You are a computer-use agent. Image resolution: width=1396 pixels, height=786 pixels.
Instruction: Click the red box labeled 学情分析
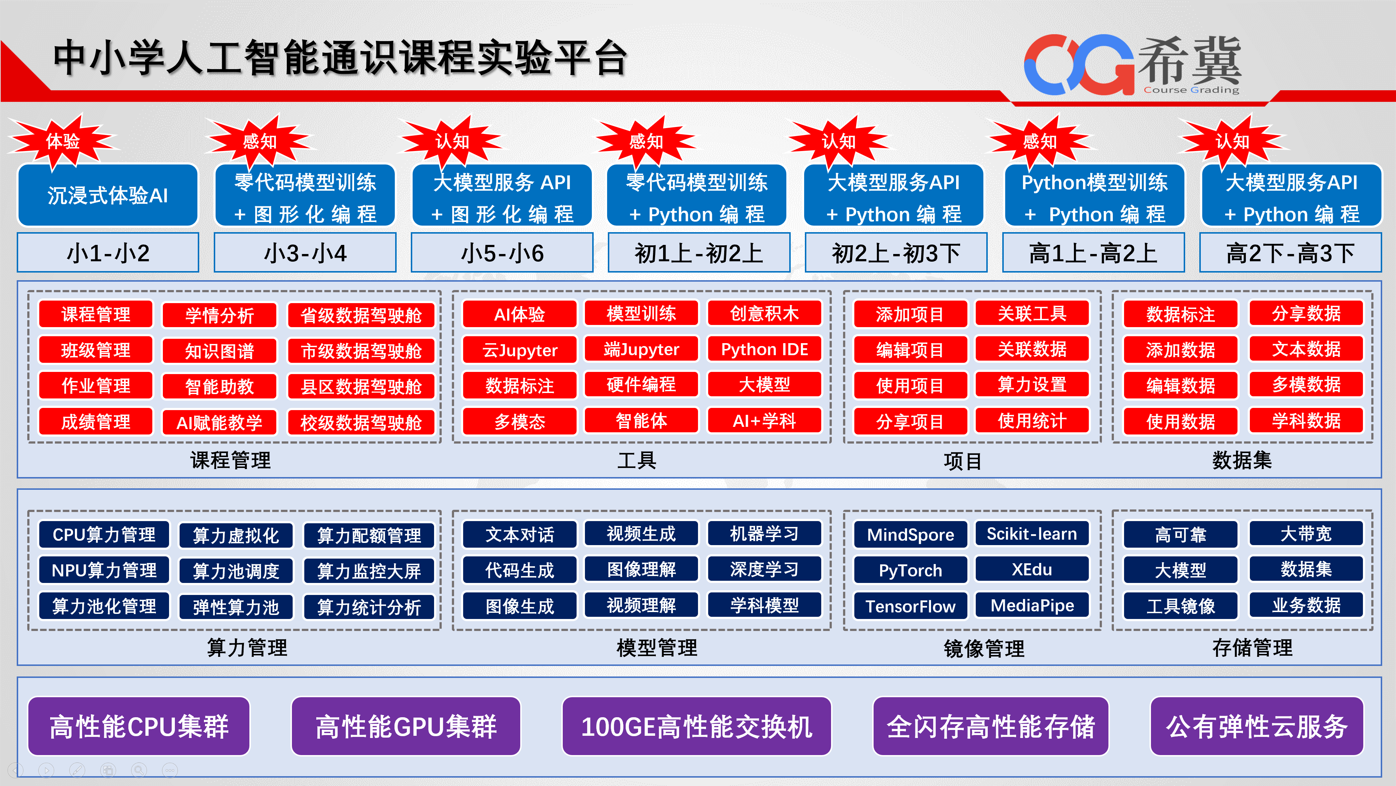[x=220, y=315]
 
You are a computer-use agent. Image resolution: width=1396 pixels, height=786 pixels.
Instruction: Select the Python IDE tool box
[x=764, y=349]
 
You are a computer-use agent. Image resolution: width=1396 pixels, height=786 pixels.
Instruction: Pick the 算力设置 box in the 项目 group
[x=1032, y=385]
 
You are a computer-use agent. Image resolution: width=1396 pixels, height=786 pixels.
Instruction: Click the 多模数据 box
[x=1306, y=385]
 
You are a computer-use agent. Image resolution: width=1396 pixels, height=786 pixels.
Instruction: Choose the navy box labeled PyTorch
[x=910, y=570]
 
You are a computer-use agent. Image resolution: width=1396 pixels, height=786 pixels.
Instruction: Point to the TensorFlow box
[x=910, y=606]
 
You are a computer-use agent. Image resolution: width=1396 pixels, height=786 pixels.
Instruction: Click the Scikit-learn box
[x=1032, y=534]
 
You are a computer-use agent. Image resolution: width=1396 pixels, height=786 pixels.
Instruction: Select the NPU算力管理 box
[x=104, y=570]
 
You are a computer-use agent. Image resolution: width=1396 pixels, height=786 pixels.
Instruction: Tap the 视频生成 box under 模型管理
[x=641, y=534]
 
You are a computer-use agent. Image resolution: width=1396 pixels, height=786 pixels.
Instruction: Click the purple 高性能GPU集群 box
[x=406, y=726]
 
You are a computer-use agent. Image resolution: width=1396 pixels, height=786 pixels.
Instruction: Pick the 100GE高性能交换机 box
[x=697, y=726]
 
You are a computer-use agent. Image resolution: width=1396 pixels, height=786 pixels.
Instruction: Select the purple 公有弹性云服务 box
[x=1257, y=726]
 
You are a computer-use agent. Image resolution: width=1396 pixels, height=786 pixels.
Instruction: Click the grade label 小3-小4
[x=305, y=253]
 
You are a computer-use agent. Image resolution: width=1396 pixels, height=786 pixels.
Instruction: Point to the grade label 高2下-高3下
[x=1290, y=253]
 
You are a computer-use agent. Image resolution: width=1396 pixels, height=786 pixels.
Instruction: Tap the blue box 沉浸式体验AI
[x=108, y=195]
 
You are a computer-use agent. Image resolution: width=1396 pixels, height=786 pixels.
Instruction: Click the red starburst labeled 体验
[x=63, y=142]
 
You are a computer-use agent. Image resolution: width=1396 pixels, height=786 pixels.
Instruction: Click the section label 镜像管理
[x=984, y=648]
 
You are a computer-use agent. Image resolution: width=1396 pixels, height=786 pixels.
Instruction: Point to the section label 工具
[x=637, y=461]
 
